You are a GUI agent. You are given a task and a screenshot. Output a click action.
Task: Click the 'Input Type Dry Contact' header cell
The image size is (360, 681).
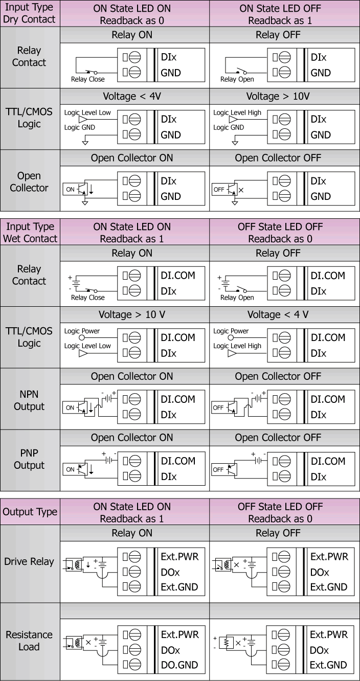30,13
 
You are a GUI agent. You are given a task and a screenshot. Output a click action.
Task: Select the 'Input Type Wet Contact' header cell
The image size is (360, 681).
30,232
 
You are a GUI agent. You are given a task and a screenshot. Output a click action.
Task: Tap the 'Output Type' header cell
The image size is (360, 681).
30,512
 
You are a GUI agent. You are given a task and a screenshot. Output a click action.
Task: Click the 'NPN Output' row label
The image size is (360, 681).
29,400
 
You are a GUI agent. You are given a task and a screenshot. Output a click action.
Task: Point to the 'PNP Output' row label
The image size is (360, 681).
29,459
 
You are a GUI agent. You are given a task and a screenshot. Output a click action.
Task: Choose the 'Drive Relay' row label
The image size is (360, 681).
29,561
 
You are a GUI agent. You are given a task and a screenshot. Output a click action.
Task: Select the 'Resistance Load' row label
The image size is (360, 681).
29,641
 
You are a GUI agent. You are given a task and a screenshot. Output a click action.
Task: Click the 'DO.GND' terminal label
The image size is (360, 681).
179,665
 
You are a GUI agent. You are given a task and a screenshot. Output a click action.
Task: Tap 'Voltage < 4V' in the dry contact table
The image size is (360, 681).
131,97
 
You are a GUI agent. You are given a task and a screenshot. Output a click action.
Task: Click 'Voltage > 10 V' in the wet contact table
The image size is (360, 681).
131,314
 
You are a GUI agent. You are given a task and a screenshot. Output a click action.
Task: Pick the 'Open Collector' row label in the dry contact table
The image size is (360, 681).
29,182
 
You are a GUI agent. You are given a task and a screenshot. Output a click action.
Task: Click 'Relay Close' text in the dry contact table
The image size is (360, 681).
88,79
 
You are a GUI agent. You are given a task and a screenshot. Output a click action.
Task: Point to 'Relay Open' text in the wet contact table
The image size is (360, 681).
237,298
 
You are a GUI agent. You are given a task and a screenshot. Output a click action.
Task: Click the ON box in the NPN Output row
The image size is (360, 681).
70,407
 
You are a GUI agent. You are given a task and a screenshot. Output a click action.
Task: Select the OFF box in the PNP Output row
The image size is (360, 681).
218,470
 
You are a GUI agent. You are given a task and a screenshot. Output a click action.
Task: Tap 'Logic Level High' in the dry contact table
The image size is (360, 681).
237,113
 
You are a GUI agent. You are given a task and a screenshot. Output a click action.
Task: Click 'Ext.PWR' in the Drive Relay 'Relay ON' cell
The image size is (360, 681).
179,557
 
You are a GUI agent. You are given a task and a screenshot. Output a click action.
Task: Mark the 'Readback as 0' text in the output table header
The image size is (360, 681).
280,518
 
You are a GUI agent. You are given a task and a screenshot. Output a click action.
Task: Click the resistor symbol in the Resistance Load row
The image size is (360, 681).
226,642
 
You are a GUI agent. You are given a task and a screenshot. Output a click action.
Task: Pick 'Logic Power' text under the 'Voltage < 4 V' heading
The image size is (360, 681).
231,331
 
